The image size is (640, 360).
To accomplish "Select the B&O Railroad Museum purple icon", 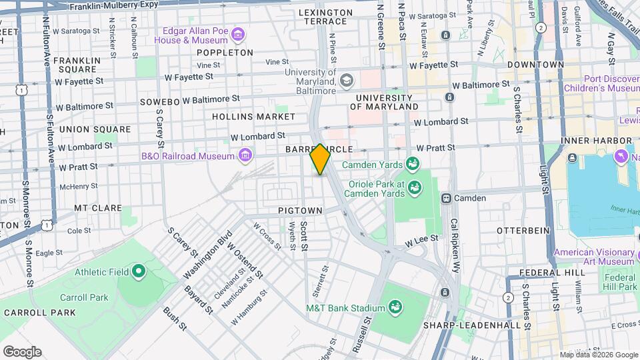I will click(246, 156).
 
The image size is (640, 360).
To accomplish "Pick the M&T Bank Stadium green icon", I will click(395, 307).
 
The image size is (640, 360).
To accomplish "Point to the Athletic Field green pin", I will click(139, 271).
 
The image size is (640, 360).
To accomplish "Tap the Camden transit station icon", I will click(447, 198).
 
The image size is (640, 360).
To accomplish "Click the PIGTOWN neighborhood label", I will click(300, 211).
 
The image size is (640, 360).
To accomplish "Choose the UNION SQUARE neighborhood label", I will click(95, 129).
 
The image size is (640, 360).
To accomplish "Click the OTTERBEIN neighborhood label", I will click(523, 230).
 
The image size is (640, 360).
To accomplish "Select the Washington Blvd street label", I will click(207, 256).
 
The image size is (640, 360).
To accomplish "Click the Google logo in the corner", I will click(22, 351).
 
